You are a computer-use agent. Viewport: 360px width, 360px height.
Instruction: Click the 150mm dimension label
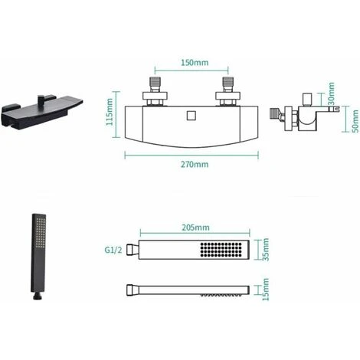[195, 63]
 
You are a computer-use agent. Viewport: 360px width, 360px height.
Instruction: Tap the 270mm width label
[195, 165]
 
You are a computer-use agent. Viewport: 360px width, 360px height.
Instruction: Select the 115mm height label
[110, 112]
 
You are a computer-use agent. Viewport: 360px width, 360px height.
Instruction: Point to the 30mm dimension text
[331, 93]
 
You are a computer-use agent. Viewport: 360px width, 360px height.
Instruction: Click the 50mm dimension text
[355, 121]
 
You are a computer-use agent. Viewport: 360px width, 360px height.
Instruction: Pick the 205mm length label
[195, 227]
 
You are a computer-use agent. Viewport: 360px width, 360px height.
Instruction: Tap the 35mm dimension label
[266, 250]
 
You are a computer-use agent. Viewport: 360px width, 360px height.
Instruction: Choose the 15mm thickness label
[266, 290]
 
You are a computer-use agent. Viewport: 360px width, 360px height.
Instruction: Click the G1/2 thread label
[113, 250]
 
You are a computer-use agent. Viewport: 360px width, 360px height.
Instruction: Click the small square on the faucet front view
[191, 116]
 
